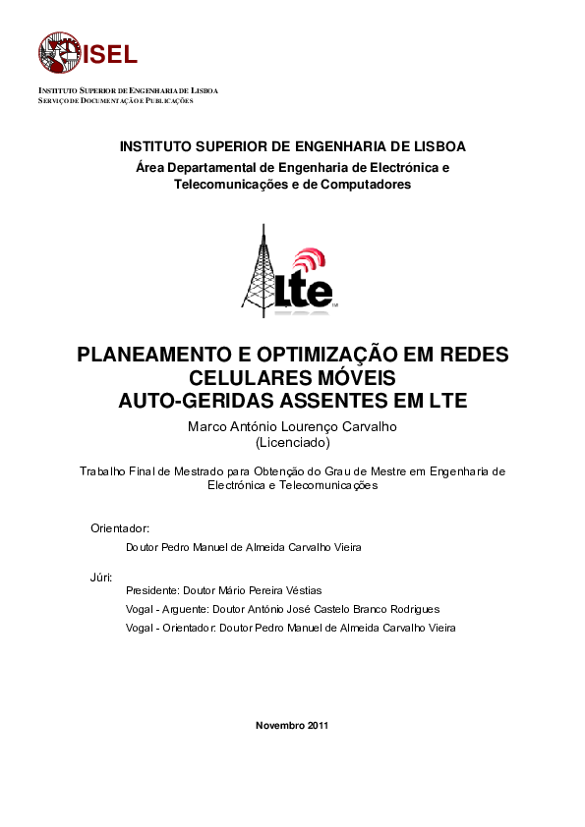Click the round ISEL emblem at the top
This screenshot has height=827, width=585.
(x=60, y=53)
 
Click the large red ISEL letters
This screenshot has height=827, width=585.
(x=110, y=54)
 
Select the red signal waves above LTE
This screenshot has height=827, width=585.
(x=311, y=261)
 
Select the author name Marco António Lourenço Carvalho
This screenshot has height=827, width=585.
(x=292, y=427)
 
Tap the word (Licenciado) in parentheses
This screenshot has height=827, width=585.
(x=292, y=443)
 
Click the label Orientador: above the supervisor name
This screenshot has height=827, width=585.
(x=120, y=528)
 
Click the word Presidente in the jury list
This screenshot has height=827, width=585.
(x=153, y=591)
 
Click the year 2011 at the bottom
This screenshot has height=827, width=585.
(x=317, y=726)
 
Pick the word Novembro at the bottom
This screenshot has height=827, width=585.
(x=279, y=726)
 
